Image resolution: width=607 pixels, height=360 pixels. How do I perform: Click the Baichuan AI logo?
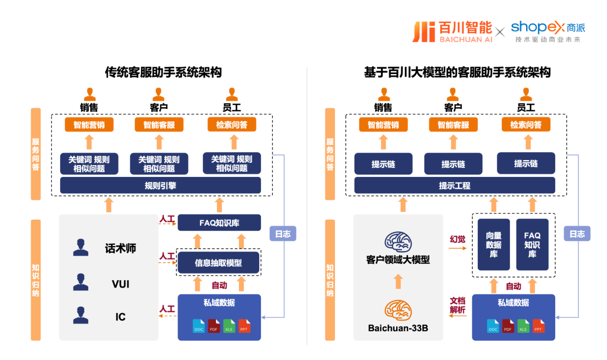pos(452,32)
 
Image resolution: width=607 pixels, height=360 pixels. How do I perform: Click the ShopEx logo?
pos(547,31)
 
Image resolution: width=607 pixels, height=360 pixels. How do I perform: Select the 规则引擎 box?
pos(160,185)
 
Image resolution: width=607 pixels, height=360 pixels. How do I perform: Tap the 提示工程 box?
pos(455,185)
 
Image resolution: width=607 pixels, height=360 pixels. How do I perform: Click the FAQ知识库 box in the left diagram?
pos(219,222)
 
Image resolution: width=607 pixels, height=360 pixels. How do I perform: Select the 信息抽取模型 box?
pos(219,262)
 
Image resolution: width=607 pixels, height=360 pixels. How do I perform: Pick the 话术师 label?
pos(120,248)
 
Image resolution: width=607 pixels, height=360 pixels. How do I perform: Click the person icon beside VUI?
pos(81,282)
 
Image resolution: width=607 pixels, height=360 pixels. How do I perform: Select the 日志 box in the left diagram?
pos(283,234)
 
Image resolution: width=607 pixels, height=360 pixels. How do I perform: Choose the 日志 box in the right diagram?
pos(577,234)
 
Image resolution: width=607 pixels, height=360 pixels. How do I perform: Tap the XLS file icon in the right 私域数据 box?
pos(523,326)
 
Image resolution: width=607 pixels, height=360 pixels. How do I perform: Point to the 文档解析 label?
pos(457,305)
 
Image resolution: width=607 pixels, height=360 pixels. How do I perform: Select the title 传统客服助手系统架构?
pos(163,72)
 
